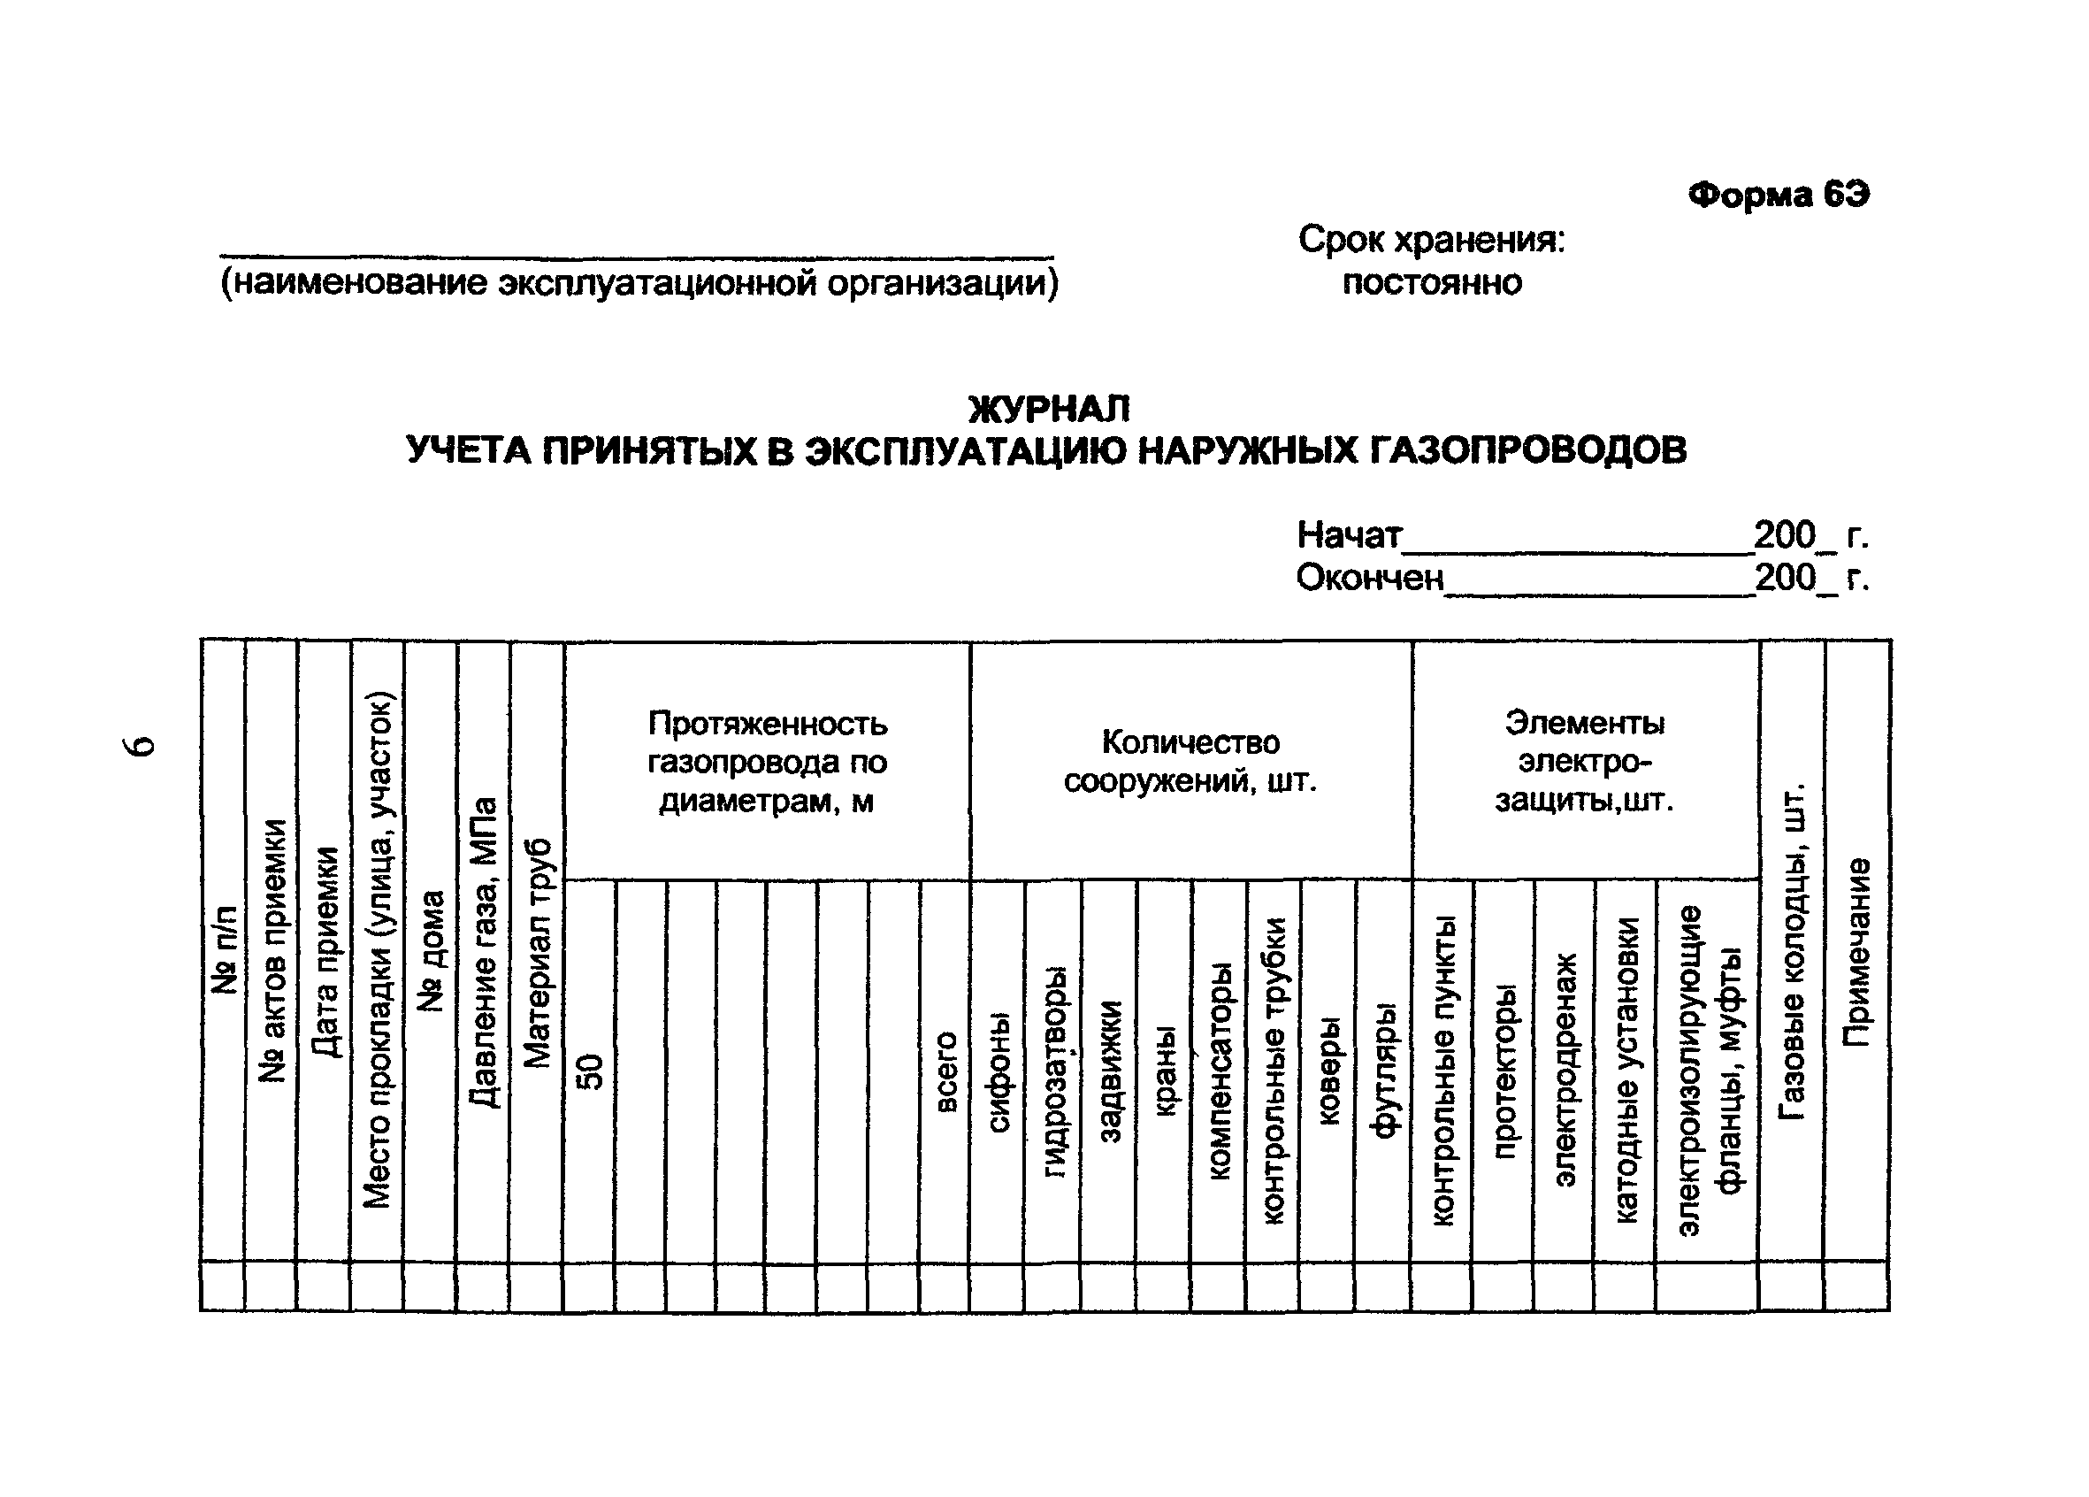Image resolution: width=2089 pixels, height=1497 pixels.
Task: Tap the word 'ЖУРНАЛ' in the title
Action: (1048, 408)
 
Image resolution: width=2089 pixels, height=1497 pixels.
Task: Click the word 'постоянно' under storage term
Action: (1431, 282)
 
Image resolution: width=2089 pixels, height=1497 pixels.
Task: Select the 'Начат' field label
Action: (1349, 535)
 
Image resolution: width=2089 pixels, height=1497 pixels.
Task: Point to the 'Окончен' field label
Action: (1370, 579)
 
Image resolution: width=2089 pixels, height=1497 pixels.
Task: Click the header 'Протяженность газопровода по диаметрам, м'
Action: (768, 762)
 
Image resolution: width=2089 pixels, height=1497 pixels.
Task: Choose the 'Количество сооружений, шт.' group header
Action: (1190, 762)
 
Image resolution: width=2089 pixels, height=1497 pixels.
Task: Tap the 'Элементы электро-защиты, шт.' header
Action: (1584, 762)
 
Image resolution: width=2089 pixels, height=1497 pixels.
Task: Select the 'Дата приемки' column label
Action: (325, 951)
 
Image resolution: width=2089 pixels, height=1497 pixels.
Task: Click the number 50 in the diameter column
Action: (590, 1071)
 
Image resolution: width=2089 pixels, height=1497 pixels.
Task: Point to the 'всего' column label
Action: (946, 1071)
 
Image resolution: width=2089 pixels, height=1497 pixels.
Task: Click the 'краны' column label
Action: (1165, 1071)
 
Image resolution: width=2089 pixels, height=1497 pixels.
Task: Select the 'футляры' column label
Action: (1383, 1071)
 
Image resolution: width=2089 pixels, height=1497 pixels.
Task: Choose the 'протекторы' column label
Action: (1504, 1071)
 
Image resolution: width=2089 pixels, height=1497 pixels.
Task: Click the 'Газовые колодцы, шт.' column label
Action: (1793, 953)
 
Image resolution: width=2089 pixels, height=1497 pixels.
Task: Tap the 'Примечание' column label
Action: (1857, 953)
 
